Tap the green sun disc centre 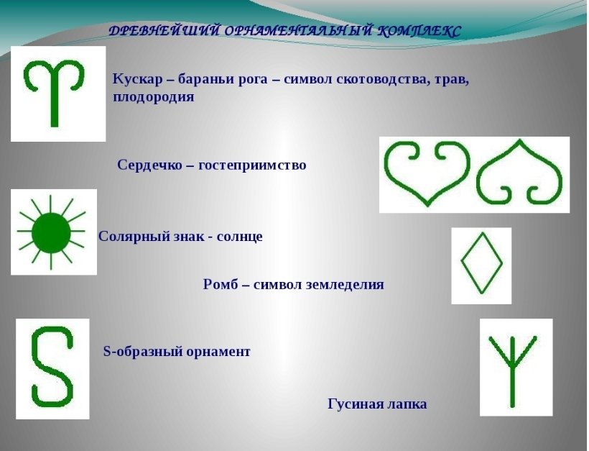pos(51,233)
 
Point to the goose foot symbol pos(512,370)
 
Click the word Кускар pos(138,79)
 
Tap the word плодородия pos(154,97)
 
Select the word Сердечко pos(149,165)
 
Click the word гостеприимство pos(252,165)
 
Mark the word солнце pos(240,237)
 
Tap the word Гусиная pos(356,404)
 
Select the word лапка pos(407,404)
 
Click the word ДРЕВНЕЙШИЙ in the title pos(164,31)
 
